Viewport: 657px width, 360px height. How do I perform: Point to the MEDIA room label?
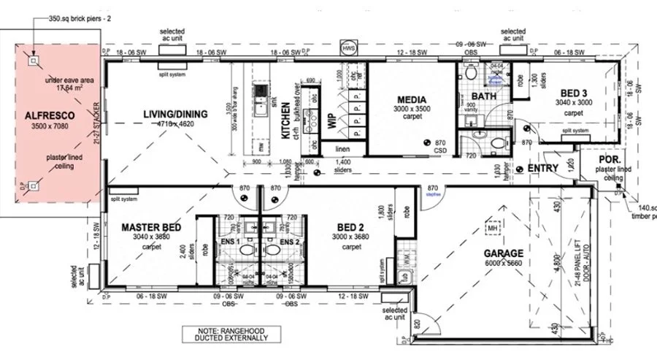[x=412, y=99]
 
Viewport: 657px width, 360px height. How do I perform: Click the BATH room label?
[x=483, y=96]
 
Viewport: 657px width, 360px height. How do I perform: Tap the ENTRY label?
[x=543, y=169]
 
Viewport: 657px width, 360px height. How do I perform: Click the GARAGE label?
[x=503, y=254]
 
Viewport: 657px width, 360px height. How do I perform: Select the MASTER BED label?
[x=150, y=228]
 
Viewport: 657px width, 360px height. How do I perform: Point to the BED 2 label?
[x=347, y=228]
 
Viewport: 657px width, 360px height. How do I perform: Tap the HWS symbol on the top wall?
[x=346, y=49]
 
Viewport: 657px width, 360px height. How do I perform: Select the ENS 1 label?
[x=233, y=242]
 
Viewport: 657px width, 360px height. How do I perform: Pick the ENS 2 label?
[x=290, y=242]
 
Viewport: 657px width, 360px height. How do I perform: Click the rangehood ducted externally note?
[x=226, y=333]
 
